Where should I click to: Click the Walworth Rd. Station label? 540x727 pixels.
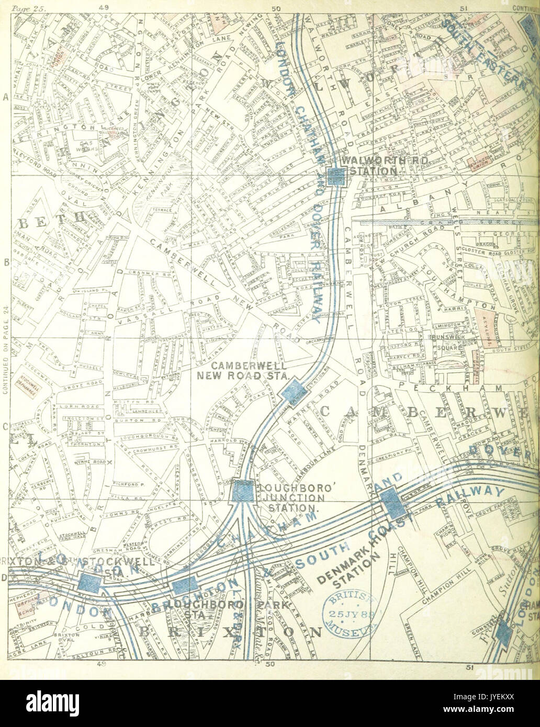tap(370, 165)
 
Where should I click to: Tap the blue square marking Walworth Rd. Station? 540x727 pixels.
tap(334, 177)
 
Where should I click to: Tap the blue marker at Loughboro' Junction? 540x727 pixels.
tap(242, 492)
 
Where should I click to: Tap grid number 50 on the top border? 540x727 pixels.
tap(276, 8)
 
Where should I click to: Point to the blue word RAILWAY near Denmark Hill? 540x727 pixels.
tap(474, 495)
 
